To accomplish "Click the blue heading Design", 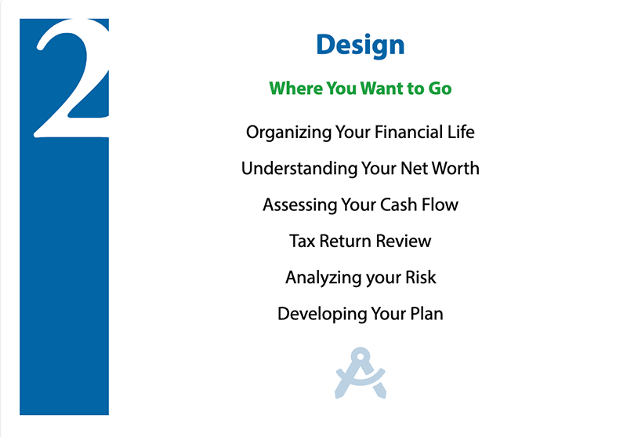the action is (361, 46).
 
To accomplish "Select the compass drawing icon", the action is (361, 373).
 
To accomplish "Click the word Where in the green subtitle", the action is (295, 88).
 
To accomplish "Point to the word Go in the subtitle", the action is (440, 89).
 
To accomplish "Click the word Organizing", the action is (288, 133).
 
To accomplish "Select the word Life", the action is (461, 132).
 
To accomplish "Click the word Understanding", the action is (299, 169).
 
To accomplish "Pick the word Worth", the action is (455, 168).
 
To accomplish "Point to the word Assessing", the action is (299, 205).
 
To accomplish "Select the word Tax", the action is (303, 241).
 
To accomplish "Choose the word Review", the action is (404, 241).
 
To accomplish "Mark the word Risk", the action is (421, 277).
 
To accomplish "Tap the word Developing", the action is (322, 314).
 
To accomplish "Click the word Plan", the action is (427, 314).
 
